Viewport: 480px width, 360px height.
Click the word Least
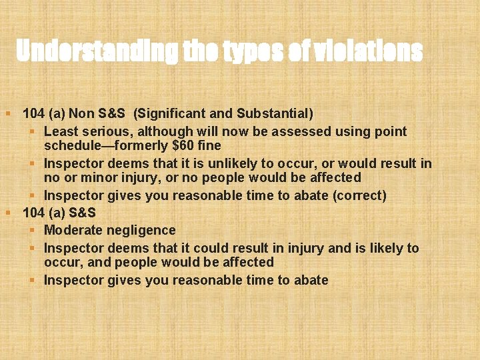point(61,131)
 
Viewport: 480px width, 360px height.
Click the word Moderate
point(71,230)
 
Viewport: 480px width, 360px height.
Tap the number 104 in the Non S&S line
point(33,113)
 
